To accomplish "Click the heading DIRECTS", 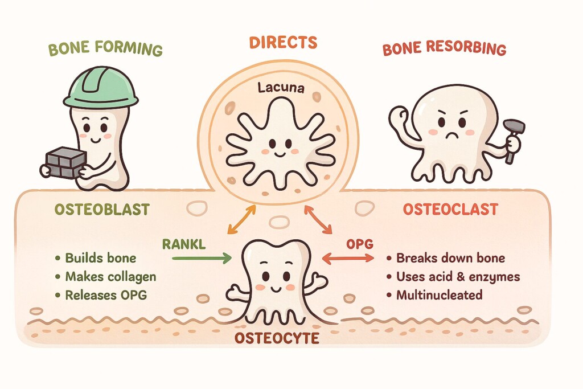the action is click(x=284, y=42).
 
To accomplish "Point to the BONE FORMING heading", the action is click(x=105, y=49).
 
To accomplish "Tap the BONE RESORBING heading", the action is click(x=444, y=48).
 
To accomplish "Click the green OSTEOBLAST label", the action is click(x=102, y=210).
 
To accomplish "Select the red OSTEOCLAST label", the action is click(x=451, y=210).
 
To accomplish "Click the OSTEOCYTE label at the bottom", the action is click(x=277, y=338).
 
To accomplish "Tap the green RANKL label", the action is click(x=184, y=244).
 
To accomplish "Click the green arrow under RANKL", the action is click(x=202, y=258).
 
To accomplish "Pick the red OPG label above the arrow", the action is click(x=360, y=244).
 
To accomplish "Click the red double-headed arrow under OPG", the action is click(x=348, y=258).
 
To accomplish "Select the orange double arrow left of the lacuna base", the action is click(x=241, y=219).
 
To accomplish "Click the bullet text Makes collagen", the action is click(x=111, y=277).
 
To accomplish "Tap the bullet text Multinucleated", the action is click(x=440, y=295).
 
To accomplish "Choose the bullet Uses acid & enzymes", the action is click(x=458, y=277).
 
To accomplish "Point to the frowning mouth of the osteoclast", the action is click(x=451, y=134).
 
